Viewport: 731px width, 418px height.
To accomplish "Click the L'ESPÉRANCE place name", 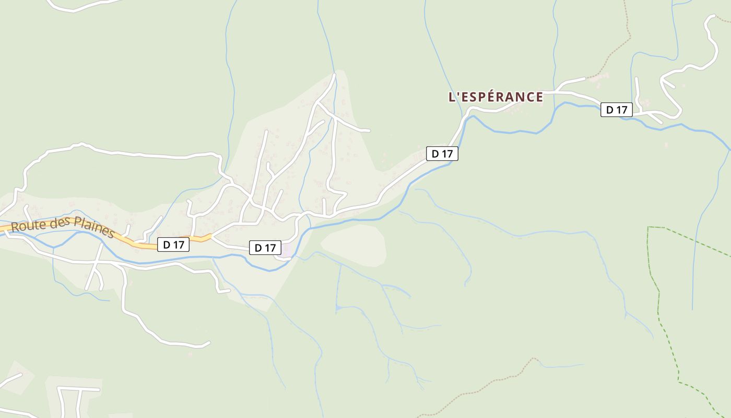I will [x=496, y=97].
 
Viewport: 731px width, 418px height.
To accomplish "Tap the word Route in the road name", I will [x=27, y=225].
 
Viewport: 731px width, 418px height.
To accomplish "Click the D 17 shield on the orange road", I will [x=173, y=245].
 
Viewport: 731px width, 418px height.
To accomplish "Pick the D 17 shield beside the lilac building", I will [x=265, y=248].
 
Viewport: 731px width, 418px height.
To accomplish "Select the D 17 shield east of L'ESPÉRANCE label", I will [x=616, y=110].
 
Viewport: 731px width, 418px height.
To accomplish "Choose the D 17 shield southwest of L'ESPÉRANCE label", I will [x=442, y=154].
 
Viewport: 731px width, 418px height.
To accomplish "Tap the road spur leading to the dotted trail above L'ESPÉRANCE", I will [x=572, y=82].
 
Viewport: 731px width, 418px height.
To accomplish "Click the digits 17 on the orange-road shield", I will [x=179, y=245].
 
